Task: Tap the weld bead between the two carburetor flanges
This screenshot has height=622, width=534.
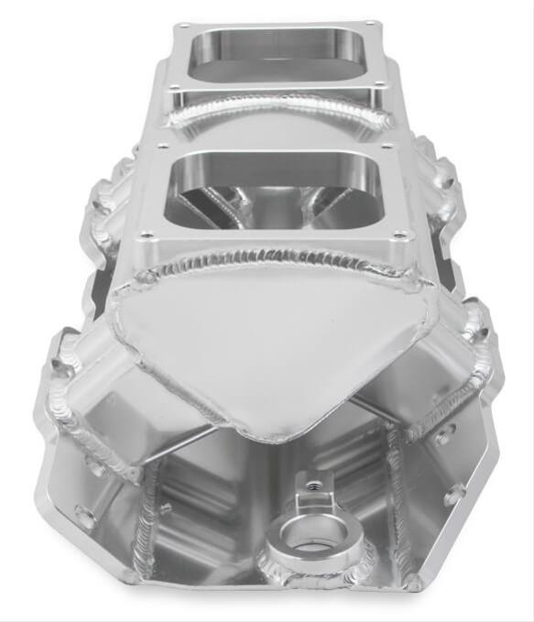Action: (275, 113)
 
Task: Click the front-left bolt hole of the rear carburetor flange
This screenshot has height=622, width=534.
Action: (170, 87)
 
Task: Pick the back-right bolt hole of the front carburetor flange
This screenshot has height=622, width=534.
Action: (388, 146)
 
